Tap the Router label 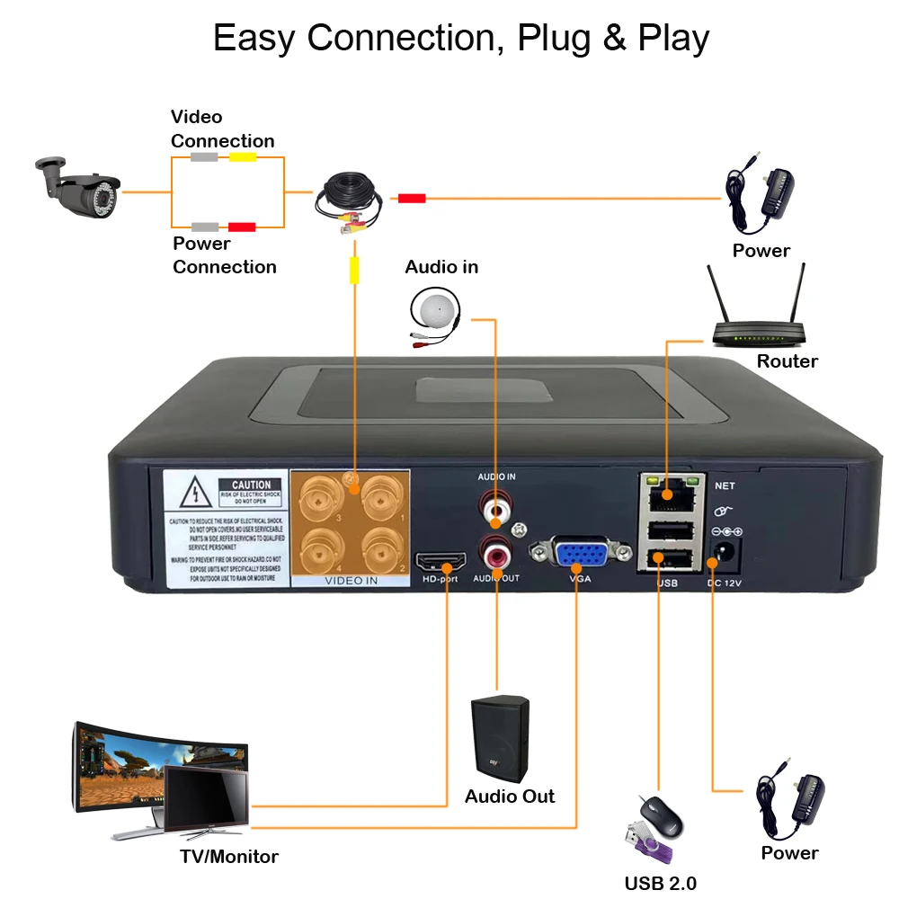[x=787, y=361]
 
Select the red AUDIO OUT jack [x=496, y=547]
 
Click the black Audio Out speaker [x=500, y=738]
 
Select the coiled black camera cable [x=349, y=202]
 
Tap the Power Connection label [x=224, y=255]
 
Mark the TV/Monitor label [x=229, y=857]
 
